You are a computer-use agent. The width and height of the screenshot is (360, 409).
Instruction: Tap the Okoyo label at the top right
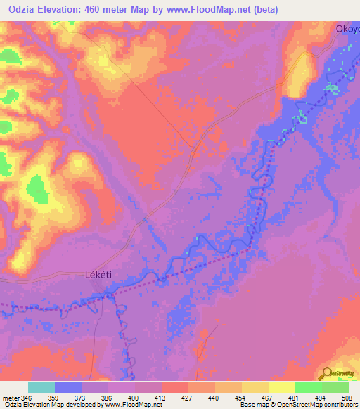[347, 30]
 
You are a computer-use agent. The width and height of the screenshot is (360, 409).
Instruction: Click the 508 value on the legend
[347, 397]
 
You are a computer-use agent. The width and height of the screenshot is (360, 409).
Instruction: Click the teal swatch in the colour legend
[41, 387]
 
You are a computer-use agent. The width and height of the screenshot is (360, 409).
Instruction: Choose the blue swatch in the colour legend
[68, 387]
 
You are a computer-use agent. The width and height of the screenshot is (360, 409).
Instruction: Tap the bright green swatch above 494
[309, 387]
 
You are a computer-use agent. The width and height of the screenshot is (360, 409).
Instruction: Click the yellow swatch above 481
[282, 387]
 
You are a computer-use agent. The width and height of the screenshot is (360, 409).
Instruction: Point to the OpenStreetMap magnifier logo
[327, 375]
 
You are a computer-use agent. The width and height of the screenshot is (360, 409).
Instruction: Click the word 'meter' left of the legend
[11, 397]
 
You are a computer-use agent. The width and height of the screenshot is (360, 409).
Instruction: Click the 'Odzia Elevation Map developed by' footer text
[48, 405]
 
